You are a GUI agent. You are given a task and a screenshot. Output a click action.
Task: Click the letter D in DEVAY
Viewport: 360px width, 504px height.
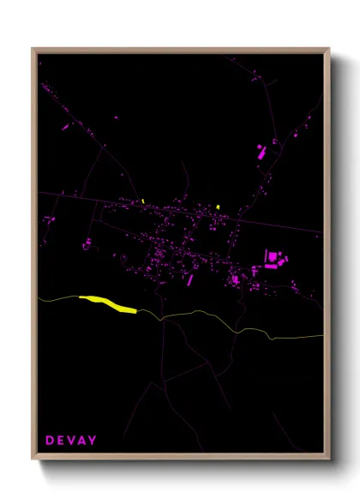pos(50,441)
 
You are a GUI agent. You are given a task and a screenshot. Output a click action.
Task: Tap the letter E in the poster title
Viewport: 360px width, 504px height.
pos(61,441)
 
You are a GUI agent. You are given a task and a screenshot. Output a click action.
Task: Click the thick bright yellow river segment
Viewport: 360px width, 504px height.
pos(108,303)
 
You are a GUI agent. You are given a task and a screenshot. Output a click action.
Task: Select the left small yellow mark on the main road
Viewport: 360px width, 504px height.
pos(143,201)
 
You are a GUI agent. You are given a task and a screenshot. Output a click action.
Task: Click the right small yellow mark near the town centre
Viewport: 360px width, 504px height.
pos(219,207)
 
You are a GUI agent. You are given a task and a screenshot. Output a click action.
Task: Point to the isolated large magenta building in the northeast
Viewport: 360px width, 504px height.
pos(261,153)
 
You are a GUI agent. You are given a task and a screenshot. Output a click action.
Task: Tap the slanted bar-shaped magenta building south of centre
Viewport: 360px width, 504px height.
pos(190,279)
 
